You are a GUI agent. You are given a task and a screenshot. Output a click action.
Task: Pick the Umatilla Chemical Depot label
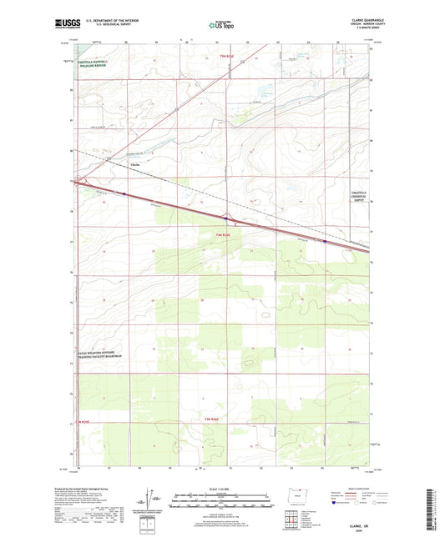356,197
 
